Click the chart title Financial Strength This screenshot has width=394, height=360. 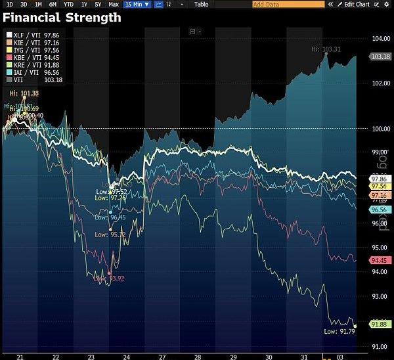click(62, 18)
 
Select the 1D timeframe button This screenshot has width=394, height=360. click(10, 4)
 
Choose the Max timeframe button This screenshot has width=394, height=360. click(114, 4)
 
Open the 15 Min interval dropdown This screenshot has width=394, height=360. click(137, 4)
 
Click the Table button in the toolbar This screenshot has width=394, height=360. click(201, 4)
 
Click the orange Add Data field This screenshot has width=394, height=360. click(288, 4)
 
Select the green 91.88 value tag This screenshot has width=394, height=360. click(380, 324)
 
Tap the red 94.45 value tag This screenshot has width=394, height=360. click(380, 260)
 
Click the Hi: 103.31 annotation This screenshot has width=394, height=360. click(326, 49)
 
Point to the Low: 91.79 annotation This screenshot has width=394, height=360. click(339, 332)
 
